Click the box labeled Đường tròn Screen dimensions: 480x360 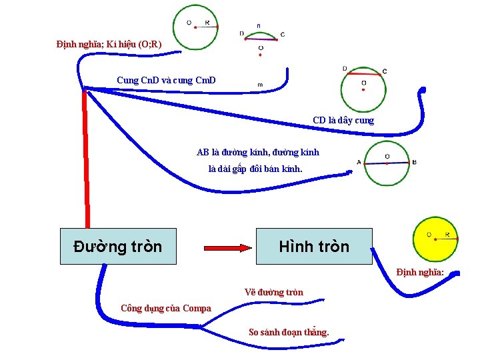click(118, 246)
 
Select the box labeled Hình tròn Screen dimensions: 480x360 click(314, 246)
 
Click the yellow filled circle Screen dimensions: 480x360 click(435, 239)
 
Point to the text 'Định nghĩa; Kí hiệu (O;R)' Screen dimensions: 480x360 click(109, 45)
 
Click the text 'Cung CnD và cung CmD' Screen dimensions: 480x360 click(166, 81)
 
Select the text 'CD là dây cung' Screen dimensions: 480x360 click(343, 121)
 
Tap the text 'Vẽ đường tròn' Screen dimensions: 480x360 click(273, 292)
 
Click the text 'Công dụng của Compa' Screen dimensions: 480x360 click(165, 308)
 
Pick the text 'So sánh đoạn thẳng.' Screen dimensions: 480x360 click(289, 332)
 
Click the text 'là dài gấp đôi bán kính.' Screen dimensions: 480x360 click(255, 169)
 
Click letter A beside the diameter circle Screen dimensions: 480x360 click(359, 162)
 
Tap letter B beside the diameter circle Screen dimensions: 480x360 click(414, 162)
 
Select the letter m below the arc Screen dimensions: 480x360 click(259, 85)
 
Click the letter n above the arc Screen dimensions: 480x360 click(259, 26)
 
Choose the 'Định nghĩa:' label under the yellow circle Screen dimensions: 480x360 click(420, 272)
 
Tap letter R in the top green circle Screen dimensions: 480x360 click(207, 23)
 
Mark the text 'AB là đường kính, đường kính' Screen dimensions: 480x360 click(258, 153)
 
